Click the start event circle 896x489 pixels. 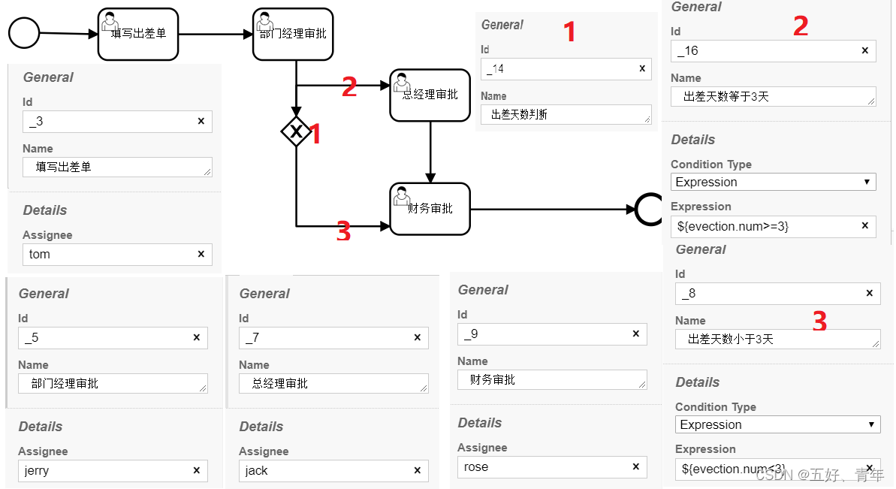[24, 33]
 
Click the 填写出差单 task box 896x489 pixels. [138, 34]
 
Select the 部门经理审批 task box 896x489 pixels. [293, 34]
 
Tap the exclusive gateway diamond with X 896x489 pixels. [296, 132]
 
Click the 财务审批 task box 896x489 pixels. [430, 209]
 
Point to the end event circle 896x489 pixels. [648, 210]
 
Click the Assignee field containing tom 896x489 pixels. [109, 255]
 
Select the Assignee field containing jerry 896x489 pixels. [105, 471]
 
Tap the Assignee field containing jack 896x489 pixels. [326, 471]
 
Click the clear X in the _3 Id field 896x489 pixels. [201, 122]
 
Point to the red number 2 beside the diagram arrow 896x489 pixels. [349, 87]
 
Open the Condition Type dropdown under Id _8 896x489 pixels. [777, 425]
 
